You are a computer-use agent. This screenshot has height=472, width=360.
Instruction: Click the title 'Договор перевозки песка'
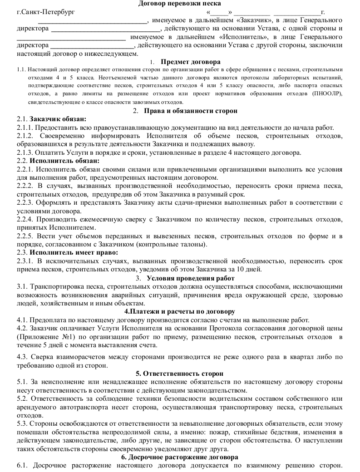point(180,4)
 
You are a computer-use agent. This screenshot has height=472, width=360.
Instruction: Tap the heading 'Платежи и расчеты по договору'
point(180,311)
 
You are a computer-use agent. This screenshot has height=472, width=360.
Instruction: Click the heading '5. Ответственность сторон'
point(180,374)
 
